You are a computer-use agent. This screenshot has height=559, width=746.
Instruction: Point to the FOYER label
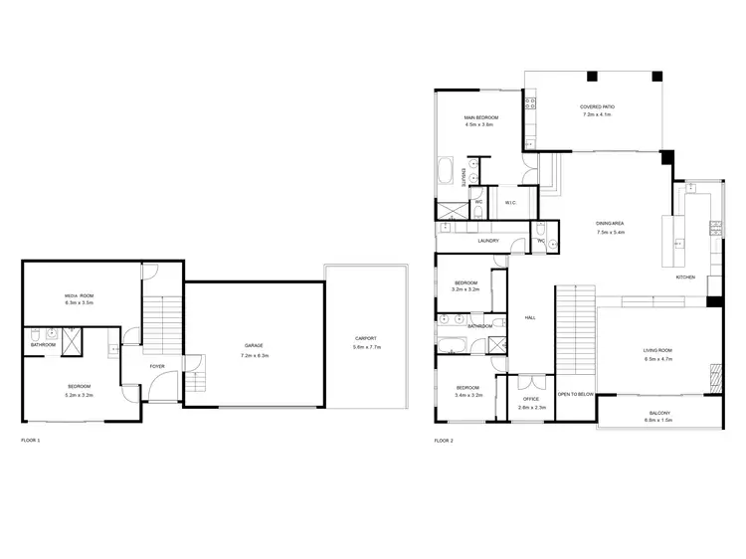157,366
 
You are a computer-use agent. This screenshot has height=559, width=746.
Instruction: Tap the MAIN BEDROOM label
480,118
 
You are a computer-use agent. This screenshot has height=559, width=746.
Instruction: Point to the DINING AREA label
609,225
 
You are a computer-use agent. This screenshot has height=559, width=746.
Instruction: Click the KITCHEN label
686,277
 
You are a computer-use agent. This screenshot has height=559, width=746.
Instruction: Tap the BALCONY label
659,413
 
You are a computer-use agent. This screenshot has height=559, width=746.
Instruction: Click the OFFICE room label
531,400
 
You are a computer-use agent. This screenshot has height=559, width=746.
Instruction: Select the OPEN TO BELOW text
576,394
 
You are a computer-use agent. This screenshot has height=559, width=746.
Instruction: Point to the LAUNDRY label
487,241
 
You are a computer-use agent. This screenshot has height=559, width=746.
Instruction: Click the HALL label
530,317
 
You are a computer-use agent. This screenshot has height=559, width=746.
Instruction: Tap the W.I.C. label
509,203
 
